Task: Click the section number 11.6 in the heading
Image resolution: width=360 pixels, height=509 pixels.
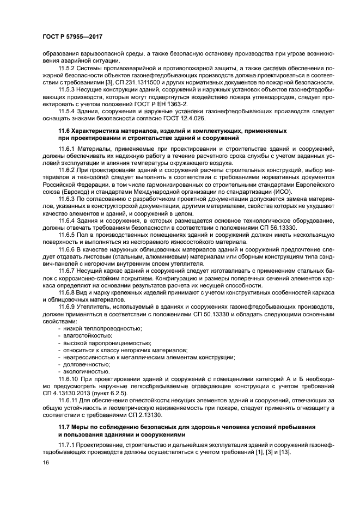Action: pos(64,131)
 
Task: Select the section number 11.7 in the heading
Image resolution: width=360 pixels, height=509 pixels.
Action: pos(64,427)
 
